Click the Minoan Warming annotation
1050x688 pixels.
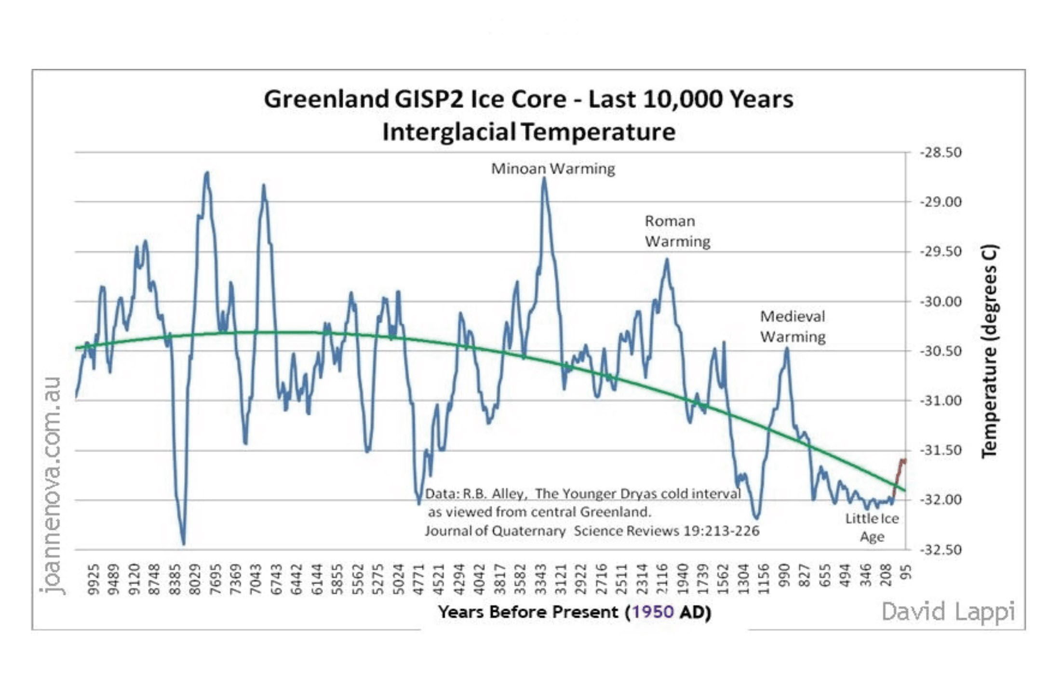(x=553, y=169)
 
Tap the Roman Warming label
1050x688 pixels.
(x=677, y=231)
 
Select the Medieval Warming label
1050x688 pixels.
(x=793, y=327)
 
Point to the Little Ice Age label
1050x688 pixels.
(x=872, y=528)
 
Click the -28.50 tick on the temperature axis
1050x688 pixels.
(x=941, y=153)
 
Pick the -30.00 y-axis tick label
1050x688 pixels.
(x=941, y=302)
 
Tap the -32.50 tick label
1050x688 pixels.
(x=941, y=550)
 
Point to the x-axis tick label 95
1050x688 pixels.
(x=907, y=573)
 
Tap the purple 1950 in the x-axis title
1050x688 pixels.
(x=653, y=612)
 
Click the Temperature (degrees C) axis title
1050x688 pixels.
(x=989, y=351)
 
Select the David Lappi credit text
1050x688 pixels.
(x=948, y=612)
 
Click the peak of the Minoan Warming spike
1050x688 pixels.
(x=544, y=178)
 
